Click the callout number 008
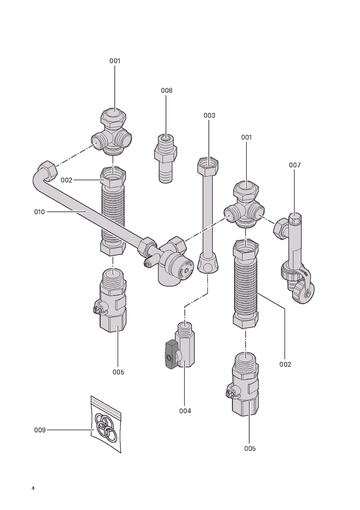(166, 90)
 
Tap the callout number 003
(209, 116)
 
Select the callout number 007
(295, 165)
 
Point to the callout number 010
(40, 212)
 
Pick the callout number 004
(185, 411)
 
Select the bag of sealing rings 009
(106, 423)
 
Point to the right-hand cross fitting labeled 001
(244, 205)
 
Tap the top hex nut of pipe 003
(208, 167)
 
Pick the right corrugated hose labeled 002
(246, 283)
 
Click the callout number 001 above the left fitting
(115, 61)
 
